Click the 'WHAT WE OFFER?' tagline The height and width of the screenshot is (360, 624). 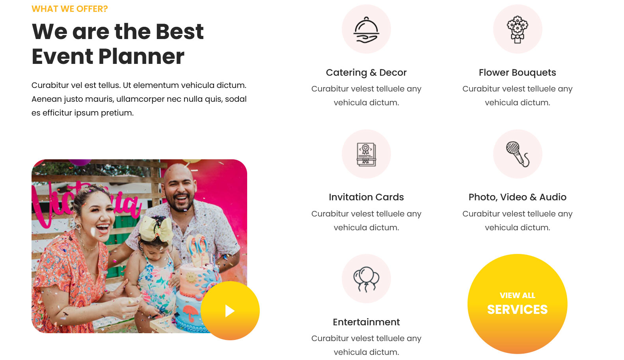coord(70,9)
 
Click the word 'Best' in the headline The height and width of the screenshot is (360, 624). coord(180,31)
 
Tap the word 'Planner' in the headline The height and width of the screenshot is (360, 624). coord(141,56)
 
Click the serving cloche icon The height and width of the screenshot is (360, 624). coord(366,30)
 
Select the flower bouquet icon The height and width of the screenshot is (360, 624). coord(517,30)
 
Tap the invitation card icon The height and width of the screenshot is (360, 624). coord(366,155)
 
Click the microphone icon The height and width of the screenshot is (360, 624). coord(518,154)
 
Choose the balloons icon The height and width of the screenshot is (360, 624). coord(366,279)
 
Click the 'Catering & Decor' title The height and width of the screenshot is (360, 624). coord(366,73)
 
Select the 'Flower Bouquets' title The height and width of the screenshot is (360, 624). coord(517,73)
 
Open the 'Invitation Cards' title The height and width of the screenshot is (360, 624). coord(366,197)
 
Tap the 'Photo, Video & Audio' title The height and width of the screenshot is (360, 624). coord(517,197)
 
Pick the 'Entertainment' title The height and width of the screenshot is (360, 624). coord(366,322)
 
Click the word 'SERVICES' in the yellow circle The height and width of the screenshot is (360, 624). coord(517,310)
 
